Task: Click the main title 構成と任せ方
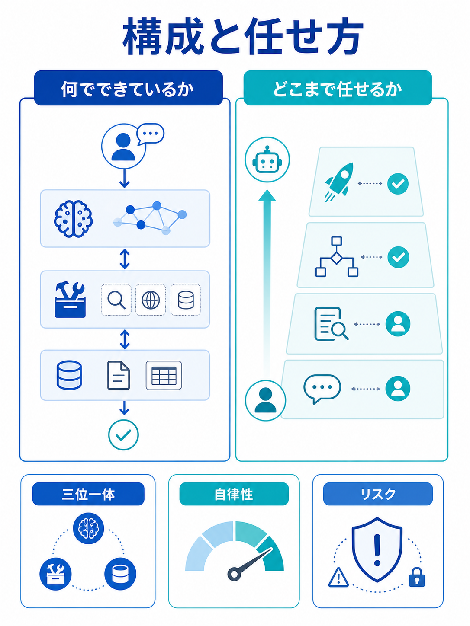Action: point(243,36)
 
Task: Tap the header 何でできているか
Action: point(128,89)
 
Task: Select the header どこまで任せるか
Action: point(338,89)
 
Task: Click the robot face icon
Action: point(267,160)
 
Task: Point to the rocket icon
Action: point(339,182)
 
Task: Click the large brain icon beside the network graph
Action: point(73,218)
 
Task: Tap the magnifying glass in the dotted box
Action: point(116,300)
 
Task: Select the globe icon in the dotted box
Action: point(151,300)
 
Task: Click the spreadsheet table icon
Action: point(164,375)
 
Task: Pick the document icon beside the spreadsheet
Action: point(119,375)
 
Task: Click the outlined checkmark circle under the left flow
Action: point(124,435)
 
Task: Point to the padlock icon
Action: point(417,577)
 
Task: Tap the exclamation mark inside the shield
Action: point(377,550)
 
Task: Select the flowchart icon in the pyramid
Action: point(337,257)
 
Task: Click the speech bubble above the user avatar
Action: point(151,134)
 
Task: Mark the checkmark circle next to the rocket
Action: point(398,184)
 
